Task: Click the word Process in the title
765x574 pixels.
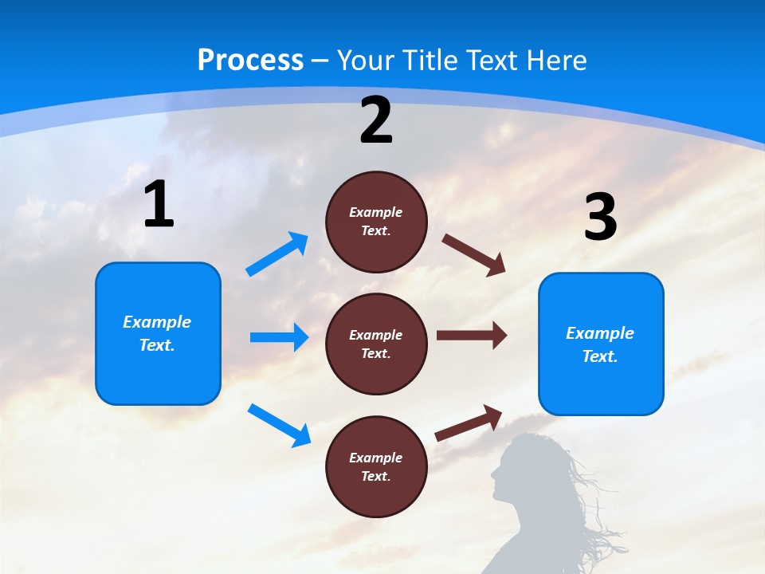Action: click(x=250, y=61)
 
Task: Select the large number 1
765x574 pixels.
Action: click(x=159, y=205)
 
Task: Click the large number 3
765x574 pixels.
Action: click(x=601, y=217)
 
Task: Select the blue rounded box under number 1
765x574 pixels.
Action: click(x=158, y=333)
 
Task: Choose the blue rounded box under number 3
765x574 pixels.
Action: click(x=601, y=344)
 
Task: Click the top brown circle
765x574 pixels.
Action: click(x=376, y=222)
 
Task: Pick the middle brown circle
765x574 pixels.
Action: click(x=376, y=344)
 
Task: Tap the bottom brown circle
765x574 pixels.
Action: click(x=376, y=466)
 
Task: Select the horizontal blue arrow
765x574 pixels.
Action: click(x=279, y=337)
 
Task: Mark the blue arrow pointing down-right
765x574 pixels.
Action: click(x=279, y=425)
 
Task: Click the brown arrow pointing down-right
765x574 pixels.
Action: click(x=473, y=254)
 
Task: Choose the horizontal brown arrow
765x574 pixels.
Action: click(x=471, y=336)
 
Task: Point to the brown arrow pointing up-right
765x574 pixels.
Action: click(x=469, y=423)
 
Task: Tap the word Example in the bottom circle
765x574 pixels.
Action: click(x=376, y=458)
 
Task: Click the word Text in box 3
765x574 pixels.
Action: click(x=599, y=356)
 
